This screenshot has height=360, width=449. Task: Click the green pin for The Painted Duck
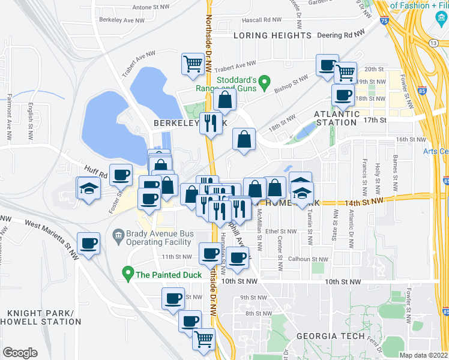pyautogui.click(x=127, y=275)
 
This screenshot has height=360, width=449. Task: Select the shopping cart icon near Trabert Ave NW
pyautogui.click(x=193, y=63)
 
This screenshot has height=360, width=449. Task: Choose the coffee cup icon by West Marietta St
pyautogui.click(x=89, y=243)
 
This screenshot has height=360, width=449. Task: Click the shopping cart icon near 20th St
pyautogui.click(x=345, y=72)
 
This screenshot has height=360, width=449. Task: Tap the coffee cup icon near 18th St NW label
pyautogui.click(x=343, y=94)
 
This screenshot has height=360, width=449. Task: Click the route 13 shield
pyautogui.click(x=433, y=43)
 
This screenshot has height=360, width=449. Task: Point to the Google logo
pyautogui.click(x=20, y=353)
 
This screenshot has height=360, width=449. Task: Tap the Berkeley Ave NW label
pyautogui.click(x=122, y=20)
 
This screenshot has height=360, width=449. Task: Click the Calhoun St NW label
pyautogui.click(x=307, y=259)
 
